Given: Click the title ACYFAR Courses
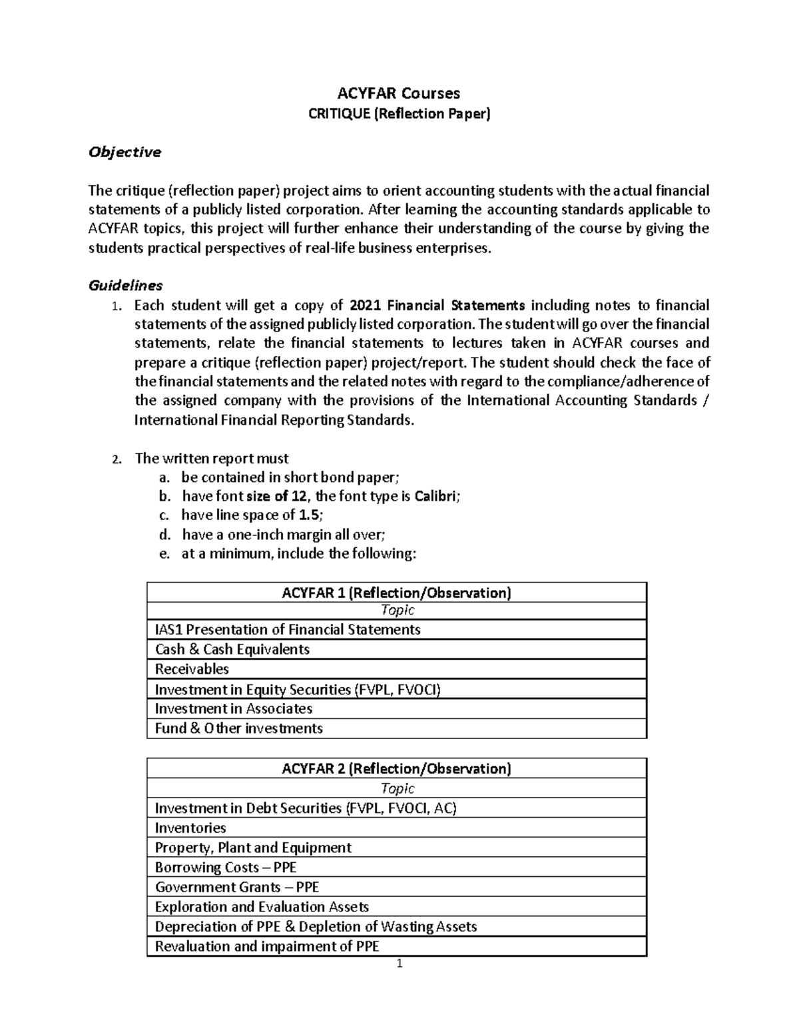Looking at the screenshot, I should [x=398, y=93].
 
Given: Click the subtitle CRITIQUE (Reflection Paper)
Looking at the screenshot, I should [x=398, y=114].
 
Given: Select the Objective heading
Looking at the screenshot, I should [x=125, y=152].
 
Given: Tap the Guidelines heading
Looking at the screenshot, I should [x=126, y=286].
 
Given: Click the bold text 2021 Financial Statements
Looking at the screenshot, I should [x=437, y=306].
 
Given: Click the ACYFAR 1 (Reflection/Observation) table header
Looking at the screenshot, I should [x=396, y=593].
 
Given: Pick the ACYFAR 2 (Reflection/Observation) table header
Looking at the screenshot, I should [x=396, y=769].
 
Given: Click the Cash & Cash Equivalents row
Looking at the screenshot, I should [x=232, y=649].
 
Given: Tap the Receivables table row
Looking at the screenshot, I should [x=192, y=669].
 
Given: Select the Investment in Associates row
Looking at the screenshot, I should [x=234, y=708].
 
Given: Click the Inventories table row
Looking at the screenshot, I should [x=190, y=828].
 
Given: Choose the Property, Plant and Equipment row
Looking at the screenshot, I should [x=253, y=848].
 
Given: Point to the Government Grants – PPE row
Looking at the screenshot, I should [x=237, y=887].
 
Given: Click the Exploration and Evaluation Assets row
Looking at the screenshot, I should [x=262, y=907].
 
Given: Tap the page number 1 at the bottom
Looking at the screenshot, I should [x=399, y=964].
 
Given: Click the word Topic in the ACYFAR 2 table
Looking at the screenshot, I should [x=397, y=789].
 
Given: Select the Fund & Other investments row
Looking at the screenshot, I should [x=238, y=728].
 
